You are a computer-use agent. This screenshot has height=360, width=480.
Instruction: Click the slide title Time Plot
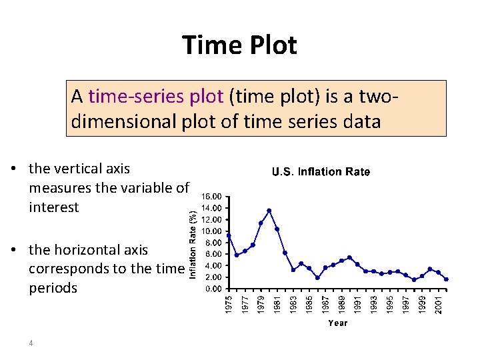point(239,46)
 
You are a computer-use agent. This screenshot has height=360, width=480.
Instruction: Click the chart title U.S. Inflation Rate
point(321,172)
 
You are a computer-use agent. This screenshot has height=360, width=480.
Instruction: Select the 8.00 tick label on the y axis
point(214,243)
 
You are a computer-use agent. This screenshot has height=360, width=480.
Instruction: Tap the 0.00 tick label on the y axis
point(214,289)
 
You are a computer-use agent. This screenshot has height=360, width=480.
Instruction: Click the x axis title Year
point(337,323)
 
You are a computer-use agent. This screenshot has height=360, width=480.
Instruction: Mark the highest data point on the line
point(269,211)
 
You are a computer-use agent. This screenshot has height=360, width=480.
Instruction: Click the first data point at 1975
point(229,235)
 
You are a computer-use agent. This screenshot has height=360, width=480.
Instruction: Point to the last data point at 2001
point(446,279)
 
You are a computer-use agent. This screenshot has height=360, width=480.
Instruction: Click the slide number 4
point(31,343)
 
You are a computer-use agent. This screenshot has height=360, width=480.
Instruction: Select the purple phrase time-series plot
point(156,97)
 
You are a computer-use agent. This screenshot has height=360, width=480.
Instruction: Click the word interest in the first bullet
point(54,207)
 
